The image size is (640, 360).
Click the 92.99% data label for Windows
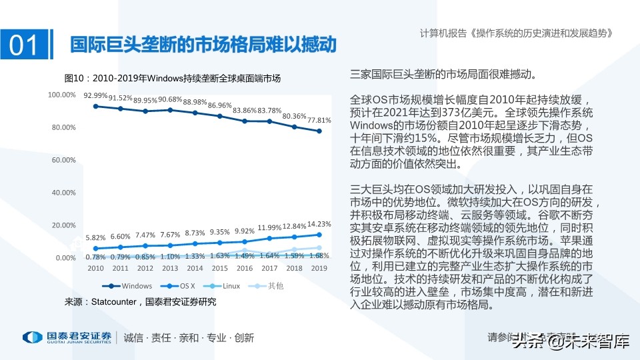(x=95, y=95)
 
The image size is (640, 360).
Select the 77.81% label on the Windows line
(x=319, y=120)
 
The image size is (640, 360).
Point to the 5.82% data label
(x=95, y=237)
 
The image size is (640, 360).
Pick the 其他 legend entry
(x=270, y=285)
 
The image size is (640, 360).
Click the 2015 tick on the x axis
(x=220, y=267)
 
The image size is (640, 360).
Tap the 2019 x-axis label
(x=319, y=267)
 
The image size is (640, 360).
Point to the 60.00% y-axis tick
(x=61, y=160)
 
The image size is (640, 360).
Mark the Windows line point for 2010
(x=95, y=106)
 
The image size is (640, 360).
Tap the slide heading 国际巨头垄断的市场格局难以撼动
(x=203, y=45)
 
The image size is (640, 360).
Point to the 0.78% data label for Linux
(x=95, y=257)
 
